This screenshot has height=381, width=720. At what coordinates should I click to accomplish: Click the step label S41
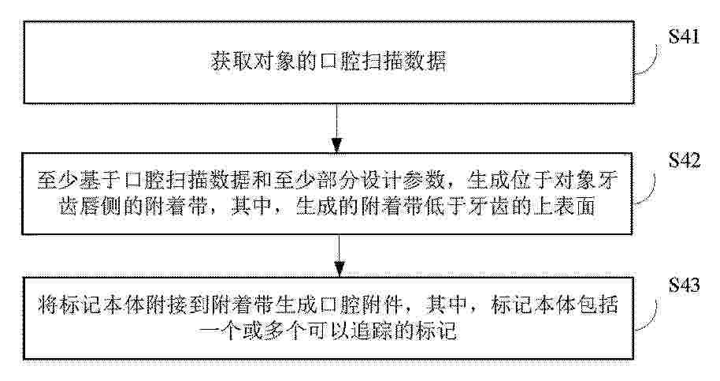coord(685,36)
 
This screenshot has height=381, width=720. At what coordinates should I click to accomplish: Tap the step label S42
coord(685,159)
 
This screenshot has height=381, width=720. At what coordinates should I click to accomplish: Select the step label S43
coord(685,285)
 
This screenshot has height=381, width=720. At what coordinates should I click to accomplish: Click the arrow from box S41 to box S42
coord(337,128)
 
